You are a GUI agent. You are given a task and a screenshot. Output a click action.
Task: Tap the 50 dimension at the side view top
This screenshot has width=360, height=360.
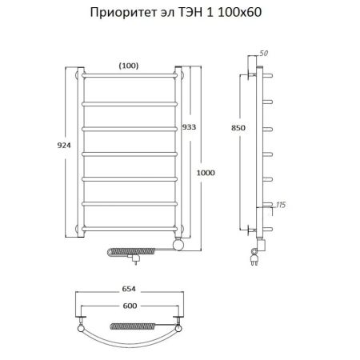[265, 52]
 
